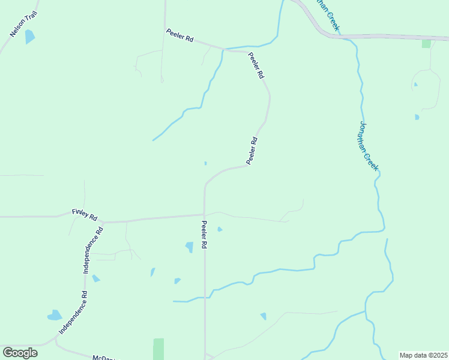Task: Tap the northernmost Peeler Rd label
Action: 180,35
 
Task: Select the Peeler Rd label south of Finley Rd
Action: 204,235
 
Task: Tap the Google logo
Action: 20,353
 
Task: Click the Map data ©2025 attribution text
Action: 423,355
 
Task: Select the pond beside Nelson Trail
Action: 29,37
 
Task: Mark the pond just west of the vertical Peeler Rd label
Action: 190,247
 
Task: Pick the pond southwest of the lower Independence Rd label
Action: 55,315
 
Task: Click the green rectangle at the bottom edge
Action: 158,349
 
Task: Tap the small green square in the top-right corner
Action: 426,43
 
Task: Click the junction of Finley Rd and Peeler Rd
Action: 205,214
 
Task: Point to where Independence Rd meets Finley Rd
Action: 103,221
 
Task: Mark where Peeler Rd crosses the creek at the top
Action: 224,49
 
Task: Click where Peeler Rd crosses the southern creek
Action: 205,296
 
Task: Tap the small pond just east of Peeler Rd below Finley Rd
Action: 220,229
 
